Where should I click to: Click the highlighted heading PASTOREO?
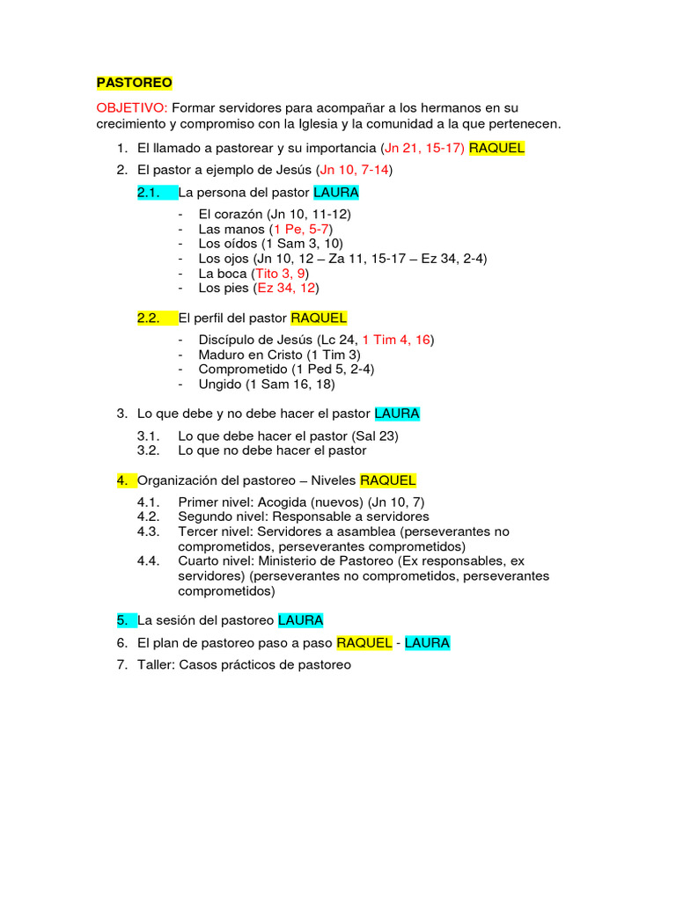[134, 83]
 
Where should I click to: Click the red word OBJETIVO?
[131, 107]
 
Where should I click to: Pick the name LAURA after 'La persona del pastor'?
[336, 192]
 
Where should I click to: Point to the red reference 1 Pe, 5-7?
[301, 229]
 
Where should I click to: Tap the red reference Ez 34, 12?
[285, 288]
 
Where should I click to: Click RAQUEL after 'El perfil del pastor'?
[319, 318]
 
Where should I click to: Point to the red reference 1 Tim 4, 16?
[396, 340]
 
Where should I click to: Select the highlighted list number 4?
[121, 480]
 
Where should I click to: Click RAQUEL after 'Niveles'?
[388, 480]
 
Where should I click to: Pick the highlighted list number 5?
[121, 620]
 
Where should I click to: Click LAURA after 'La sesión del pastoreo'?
[301, 620]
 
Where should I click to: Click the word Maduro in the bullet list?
[222, 355]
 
